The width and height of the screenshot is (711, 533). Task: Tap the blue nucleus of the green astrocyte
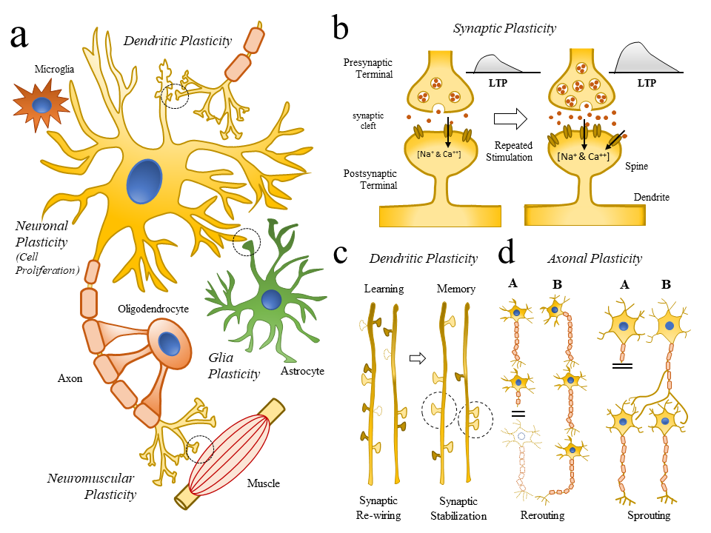pyautogui.click(x=272, y=300)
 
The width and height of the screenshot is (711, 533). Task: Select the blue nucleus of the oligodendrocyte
pyautogui.click(x=170, y=344)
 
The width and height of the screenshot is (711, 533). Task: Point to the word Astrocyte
pyautogui.click(x=301, y=370)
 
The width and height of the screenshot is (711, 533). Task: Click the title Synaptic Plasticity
pyautogui.click(x=504, y=28)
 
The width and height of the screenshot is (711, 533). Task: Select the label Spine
pyautogui.click(x=636, y=167)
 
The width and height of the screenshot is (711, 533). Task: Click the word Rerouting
pyautogui.click(x=543, y=515)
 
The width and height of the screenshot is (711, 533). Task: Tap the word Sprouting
pyautogui.click(x=648, y=515)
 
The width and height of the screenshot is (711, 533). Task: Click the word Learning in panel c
pyautogui.click(x=384, y=289)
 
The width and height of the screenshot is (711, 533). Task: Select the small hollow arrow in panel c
pyautogui.click(x=418, y=358)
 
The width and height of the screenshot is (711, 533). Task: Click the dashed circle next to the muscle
pyautogui.click(x=199, y=449)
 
